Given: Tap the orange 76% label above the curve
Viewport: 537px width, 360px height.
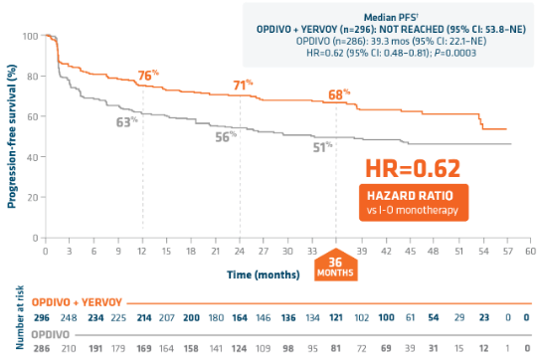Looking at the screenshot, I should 148,76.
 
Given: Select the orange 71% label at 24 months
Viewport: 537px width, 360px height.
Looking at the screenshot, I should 242,87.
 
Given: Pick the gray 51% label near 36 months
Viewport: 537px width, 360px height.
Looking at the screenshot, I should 321,147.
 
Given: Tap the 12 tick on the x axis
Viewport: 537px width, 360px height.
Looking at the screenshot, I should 143,253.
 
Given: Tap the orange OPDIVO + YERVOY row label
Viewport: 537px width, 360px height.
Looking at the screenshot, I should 71,300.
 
